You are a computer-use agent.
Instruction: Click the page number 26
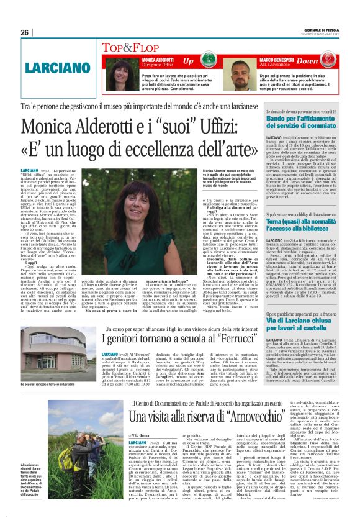pos(24,32)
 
